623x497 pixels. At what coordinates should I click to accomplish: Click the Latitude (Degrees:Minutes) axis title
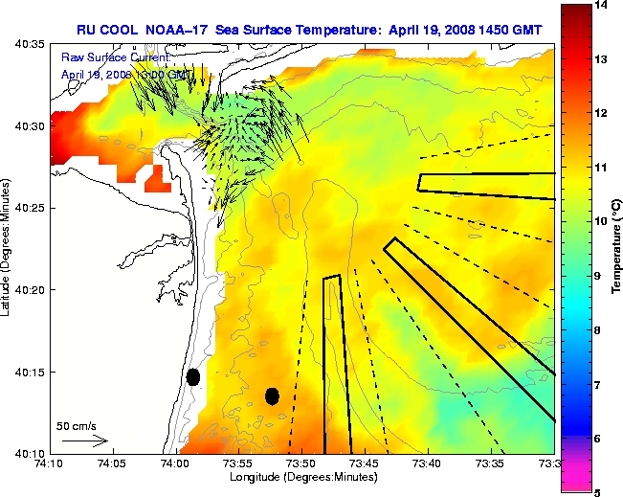[8, 248]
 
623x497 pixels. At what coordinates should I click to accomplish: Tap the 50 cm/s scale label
[76, 425]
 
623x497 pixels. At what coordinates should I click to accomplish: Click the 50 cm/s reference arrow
[83, 441]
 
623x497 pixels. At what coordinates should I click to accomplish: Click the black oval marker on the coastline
[193, 376]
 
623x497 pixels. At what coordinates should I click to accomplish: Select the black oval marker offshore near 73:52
[272, 395]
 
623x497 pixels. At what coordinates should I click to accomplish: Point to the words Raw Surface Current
[115, 58]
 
